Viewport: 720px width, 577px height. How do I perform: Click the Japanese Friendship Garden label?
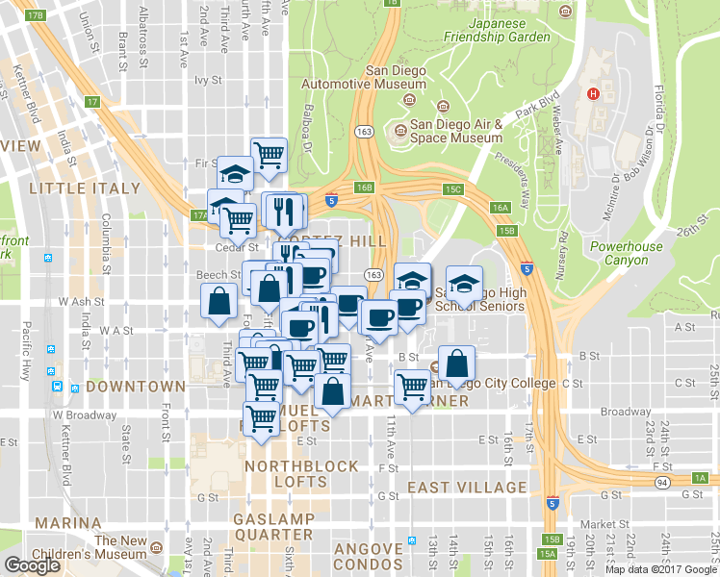click(x=498, y=30)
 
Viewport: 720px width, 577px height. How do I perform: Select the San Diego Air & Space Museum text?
click(x=456, y=131)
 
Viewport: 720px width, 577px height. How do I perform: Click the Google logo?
click(x=32, y=565)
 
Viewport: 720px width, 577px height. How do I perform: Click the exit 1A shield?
click(x=699, y=478)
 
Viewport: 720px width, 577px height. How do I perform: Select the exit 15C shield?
click(x=454, y=189)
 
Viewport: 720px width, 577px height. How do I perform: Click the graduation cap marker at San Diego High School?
click(x=465, y=284)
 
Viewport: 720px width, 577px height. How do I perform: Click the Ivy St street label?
click(x=207, y=81)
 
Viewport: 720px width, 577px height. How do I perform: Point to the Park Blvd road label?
click(x=536, y=105)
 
